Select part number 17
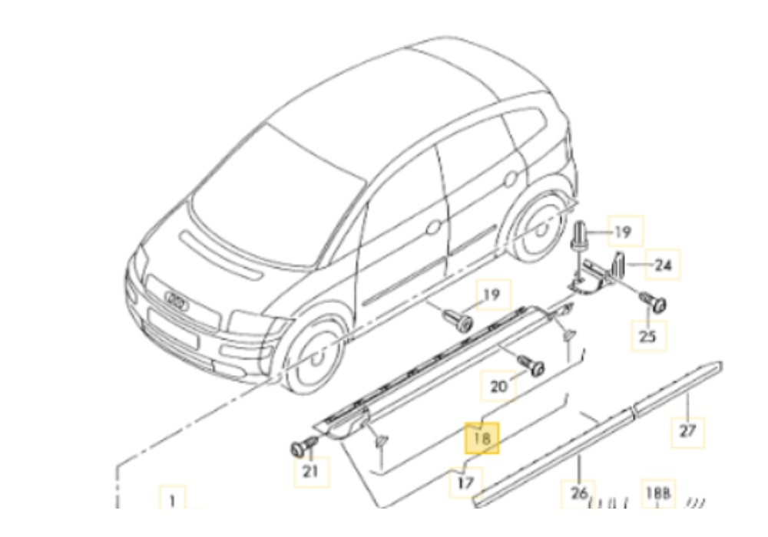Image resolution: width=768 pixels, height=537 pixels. [466, 483]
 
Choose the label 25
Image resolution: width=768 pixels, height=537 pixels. [649, 335]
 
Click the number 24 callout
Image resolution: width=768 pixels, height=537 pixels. [662, 266]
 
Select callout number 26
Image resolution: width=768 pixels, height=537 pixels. [580, 492]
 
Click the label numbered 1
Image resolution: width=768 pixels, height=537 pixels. [172, 501]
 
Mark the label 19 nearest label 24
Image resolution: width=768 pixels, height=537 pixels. [622, 231]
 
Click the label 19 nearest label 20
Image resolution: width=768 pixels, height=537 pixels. [491, 294]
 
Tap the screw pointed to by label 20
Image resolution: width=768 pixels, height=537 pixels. [531, 366]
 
